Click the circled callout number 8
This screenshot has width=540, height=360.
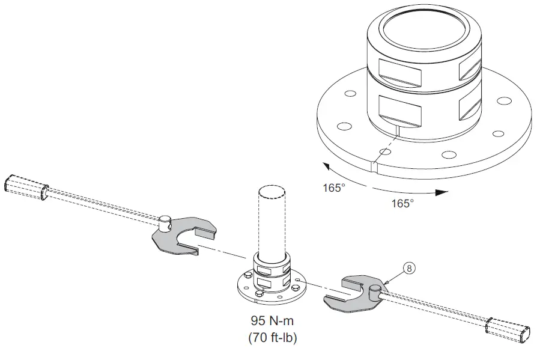click(x=409, y=269)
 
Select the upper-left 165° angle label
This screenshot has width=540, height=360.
click(x=334, y=188)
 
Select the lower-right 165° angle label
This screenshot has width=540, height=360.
click(x=402, y=203)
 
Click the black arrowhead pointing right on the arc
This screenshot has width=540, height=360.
click(x=441, y=193)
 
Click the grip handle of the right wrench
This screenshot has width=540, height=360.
click(x=509, y=329)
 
